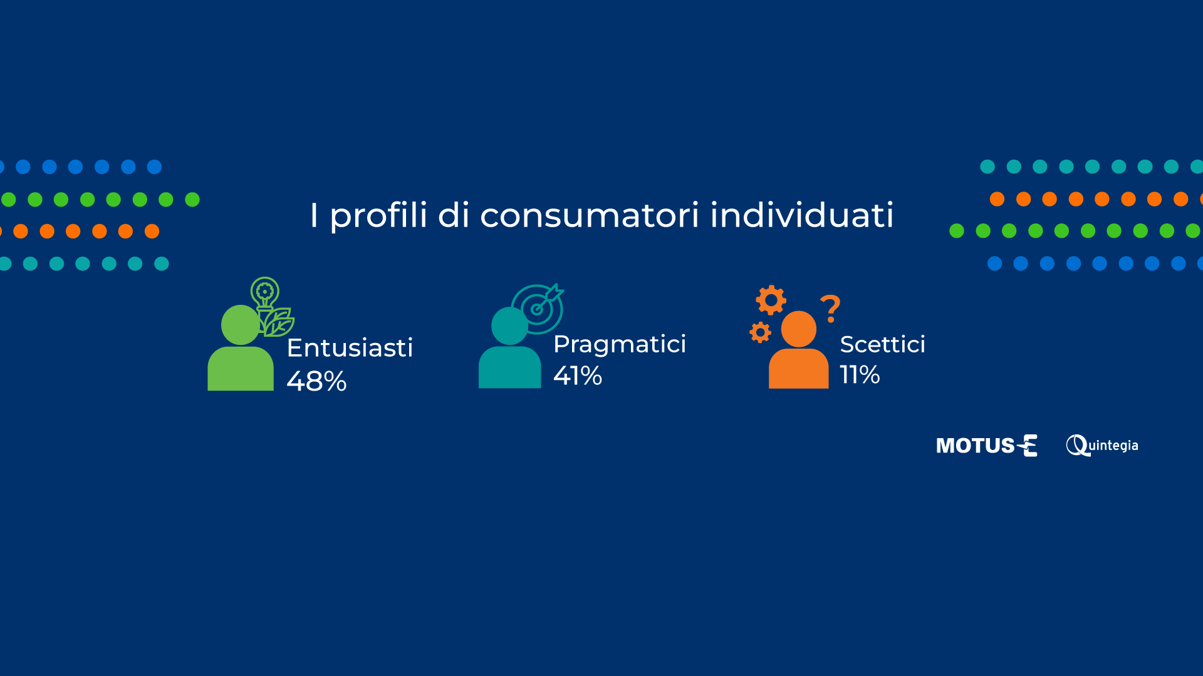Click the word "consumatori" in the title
point(589,215)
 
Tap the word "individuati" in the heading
point(802,215)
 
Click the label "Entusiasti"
point(350,348)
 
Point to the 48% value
point(316,381)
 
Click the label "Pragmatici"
point(620,345)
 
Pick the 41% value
point(578,376)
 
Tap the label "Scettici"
point(882,344)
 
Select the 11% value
point(860,375)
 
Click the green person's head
point(241,325)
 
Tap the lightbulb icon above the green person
point(265,293)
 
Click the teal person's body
point(510,367)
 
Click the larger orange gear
point(771,300)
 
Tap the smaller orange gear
point(760,332)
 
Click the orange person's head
point(799,329)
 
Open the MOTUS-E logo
point(987,446)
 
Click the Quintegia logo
point(1102,446)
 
